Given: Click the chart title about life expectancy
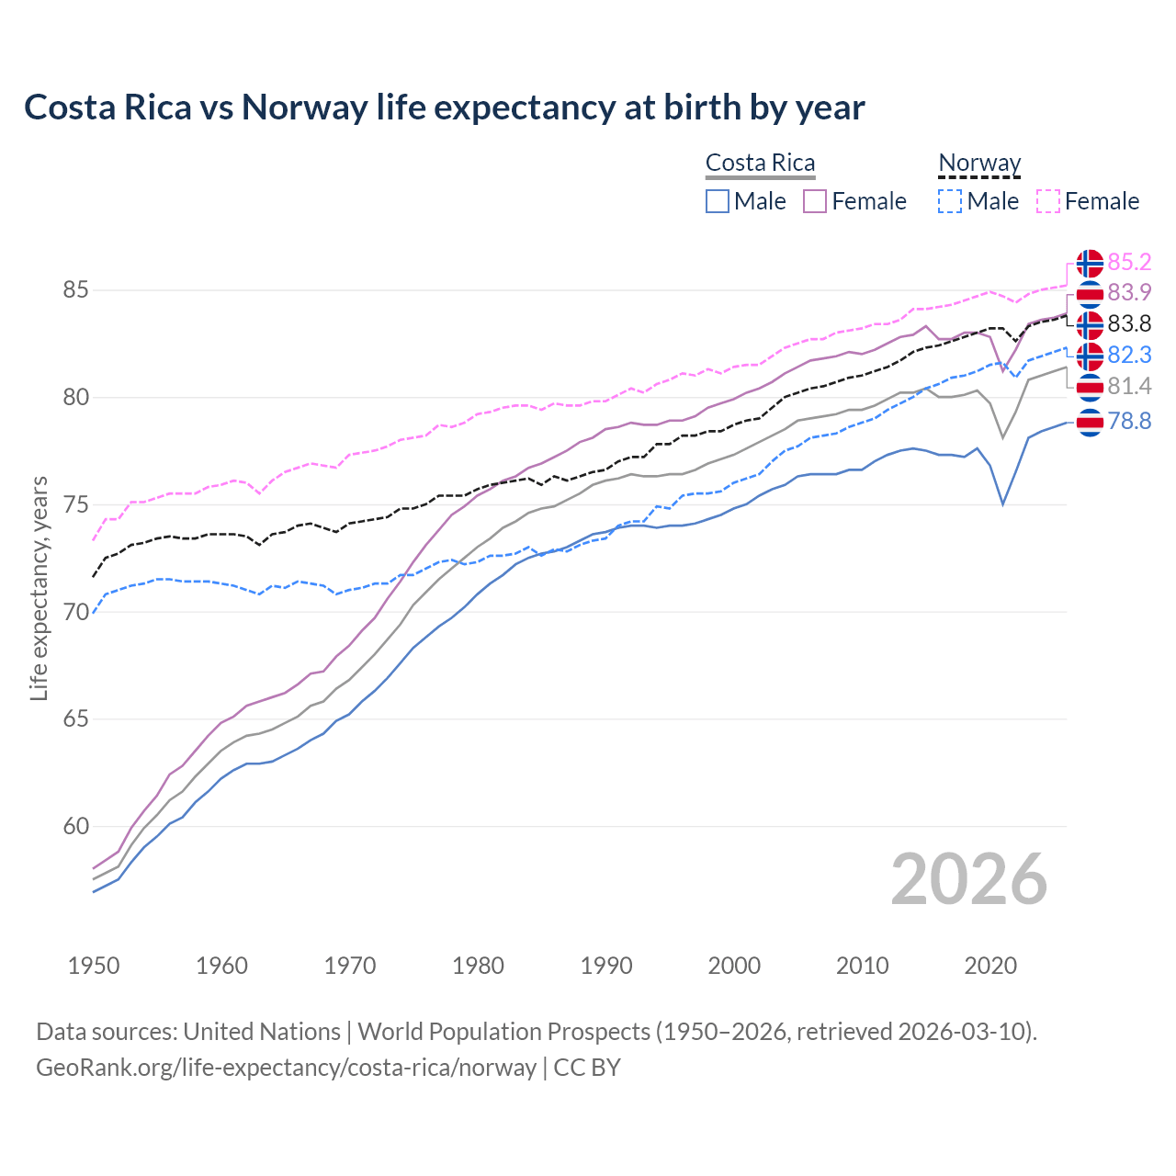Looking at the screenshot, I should click(444, 107).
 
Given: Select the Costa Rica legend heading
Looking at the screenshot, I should click(760, 163).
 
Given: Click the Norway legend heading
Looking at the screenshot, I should click(979, 163).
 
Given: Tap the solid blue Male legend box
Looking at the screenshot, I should click(718, 201).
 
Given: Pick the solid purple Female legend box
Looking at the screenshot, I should click(815, 201).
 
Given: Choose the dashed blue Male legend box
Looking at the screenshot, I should click(950, 201).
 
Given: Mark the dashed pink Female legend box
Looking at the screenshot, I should click(1048, 201).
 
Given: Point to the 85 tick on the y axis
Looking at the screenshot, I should click(75, 290).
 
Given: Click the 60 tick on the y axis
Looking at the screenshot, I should click(75, 827).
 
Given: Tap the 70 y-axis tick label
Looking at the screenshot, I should click(75, 612).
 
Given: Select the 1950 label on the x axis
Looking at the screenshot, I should click(94, 966).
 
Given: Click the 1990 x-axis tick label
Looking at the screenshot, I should click(606, 966).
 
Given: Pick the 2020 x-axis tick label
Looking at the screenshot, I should click(990, 966).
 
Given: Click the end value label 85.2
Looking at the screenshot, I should click(1129, 263).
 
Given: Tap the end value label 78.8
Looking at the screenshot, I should click(1129, 421).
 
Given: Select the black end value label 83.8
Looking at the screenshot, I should click(1129, 323).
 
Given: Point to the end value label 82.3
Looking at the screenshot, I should click(1129, 355).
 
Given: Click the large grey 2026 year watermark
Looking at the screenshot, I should click(968, 879).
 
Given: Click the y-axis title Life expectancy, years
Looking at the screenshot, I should click(39, 588).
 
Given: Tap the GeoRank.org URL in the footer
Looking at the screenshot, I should click(286, 1068).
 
